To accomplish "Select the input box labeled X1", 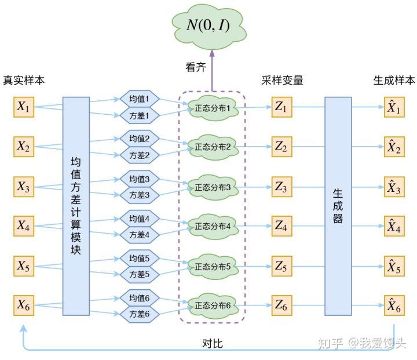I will coord(24,107).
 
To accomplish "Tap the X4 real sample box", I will coord(24,226).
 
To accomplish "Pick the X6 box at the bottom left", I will coord(24,305).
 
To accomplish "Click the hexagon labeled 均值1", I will coord(139,99).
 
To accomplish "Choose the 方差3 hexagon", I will coord(139,195).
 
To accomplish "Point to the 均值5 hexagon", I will coord(139,259).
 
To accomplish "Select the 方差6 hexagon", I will coord(139,314).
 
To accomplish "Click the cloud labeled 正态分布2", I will coord(213,147).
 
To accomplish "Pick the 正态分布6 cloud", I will coord(213,305).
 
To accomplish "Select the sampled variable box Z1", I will coord(281,107).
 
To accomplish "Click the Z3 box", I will coord(281,187).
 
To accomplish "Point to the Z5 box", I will coord(281,266).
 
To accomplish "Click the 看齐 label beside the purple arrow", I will coord(196,68).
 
